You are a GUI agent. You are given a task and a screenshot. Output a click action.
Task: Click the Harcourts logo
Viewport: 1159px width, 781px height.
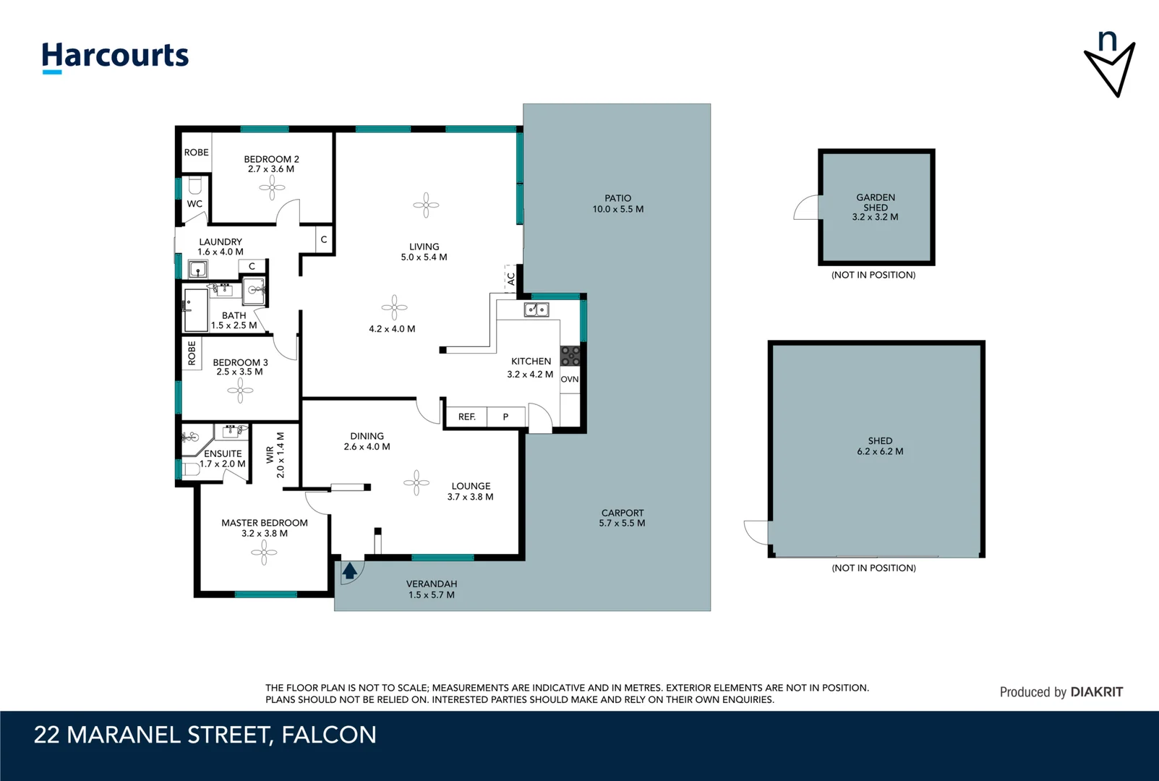coord(115,56)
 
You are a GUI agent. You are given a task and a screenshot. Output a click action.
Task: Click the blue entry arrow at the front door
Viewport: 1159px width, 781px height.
coord(350,571)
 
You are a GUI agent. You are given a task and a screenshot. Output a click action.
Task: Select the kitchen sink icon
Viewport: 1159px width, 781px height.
coord(536,310)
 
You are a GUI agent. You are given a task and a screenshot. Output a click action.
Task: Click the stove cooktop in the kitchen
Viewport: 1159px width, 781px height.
coord(570,356)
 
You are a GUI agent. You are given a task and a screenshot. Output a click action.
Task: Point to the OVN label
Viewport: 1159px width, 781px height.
coord(570,379)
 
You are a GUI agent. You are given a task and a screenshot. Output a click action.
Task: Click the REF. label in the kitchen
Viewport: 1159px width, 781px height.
coord(466,417)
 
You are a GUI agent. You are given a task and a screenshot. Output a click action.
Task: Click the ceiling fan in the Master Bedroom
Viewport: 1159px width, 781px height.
coord(264,553)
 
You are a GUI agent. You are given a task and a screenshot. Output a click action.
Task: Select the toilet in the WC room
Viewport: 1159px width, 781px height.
coord(194,185)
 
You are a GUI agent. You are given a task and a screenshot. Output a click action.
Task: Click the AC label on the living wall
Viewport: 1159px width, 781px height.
coord(511,278)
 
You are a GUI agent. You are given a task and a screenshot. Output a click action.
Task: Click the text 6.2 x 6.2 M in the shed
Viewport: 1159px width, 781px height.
coord(880,451)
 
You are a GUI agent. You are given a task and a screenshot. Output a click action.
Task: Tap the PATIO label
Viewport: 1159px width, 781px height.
coord(617,198)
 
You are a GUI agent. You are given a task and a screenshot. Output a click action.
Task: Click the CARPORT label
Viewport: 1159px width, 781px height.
coord(622,513)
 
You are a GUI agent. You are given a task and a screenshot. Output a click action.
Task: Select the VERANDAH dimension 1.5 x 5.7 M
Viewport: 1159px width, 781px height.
coord(431,595)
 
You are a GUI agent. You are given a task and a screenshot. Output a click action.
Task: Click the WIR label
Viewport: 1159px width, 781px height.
coord(270,454)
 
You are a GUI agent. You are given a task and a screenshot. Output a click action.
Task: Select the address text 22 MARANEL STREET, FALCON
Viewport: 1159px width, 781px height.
coord(205,735)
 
